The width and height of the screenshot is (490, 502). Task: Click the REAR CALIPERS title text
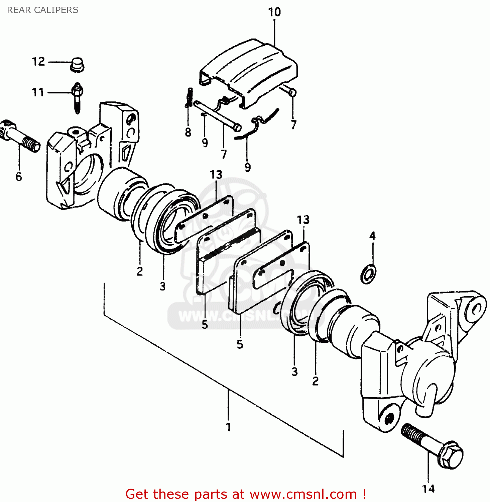tap(42, 10)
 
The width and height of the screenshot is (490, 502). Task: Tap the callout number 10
tap(274, 12)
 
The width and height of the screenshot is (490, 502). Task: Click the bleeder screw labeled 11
tap(77, 97)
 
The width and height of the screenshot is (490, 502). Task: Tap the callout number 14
tap(428, 489)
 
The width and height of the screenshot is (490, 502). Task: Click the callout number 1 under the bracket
tap(228, 427)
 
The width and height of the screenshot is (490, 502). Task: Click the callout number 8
tap(188, 133)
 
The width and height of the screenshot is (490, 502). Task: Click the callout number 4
tap(372, 236)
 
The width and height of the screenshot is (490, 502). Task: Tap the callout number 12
tap(38, 62)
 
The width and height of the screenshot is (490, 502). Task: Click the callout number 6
tap(19, 176)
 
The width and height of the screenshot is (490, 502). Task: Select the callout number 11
tap(38, 92)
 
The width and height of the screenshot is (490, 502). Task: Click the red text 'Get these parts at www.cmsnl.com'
tap(246, 494)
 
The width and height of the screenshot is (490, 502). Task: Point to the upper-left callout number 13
tap(216, 175)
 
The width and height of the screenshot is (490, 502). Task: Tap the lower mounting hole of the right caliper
tap(388, 419)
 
